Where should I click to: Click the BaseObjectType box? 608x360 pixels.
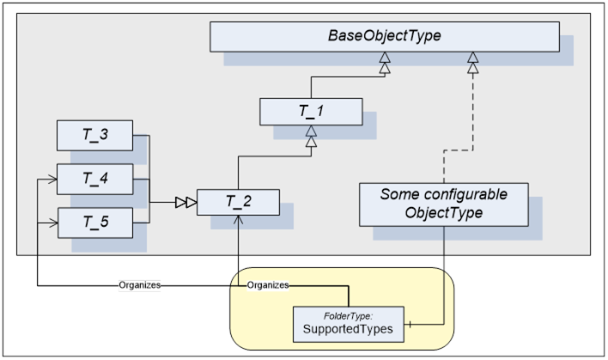[385, 37]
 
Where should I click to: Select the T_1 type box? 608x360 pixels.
[311, 112]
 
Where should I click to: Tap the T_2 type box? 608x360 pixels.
[238, 202]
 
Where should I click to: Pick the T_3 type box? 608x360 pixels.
[95, 136]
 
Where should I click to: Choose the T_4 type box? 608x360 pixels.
[95, 180]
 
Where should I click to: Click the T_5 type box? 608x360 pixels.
[95, 223]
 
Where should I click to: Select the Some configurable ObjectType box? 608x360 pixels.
[444, 204]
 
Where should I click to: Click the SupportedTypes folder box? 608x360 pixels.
[348, 324]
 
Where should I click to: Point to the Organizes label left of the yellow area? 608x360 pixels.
[140, 285]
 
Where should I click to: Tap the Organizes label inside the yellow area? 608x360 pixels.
[268, 285]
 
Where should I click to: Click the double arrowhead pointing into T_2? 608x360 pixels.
[186, 203]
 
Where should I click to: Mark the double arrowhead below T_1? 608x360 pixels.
[311, 136]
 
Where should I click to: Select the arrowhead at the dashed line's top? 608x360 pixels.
[472, 63]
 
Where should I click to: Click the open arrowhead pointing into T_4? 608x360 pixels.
[52, 180]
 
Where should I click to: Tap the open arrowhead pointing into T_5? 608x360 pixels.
[53, 223]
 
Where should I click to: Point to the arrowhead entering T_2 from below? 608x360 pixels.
[239, 220]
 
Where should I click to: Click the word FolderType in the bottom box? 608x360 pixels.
[348, 316]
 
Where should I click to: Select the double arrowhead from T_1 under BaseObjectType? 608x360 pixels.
[385, 63]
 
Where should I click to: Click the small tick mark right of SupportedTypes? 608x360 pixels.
[410, 324]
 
